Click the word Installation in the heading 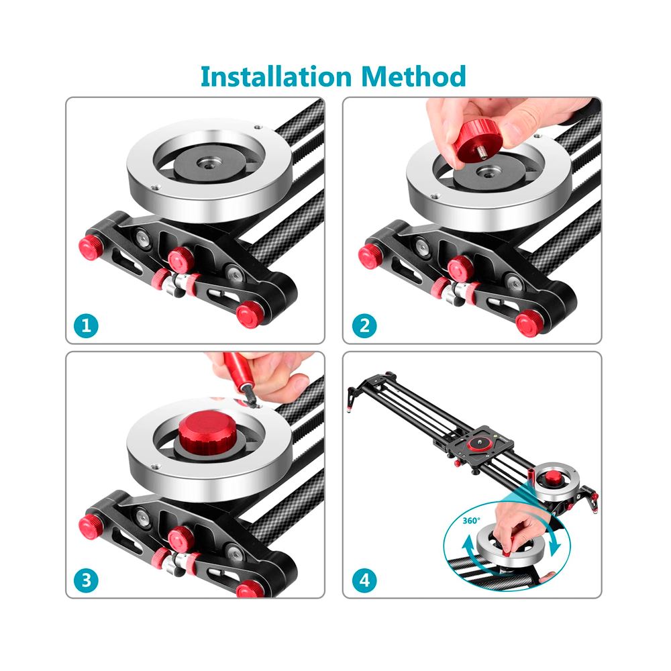276,76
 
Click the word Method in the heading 413,76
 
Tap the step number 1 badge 86,325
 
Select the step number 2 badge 364,325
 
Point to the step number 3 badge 86,580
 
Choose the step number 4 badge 364,580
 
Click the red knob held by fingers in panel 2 474,138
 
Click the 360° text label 471,521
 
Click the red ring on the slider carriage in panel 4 477,444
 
